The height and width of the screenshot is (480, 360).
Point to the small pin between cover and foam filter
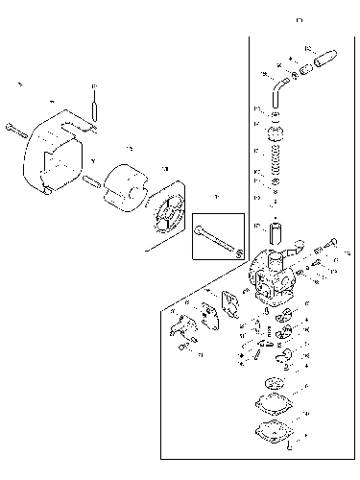point(91,180)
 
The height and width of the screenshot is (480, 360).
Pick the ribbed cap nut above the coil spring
point(279,132)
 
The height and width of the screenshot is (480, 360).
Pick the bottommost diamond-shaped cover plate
point(273,431)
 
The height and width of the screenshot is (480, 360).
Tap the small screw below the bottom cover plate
point(289,448)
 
